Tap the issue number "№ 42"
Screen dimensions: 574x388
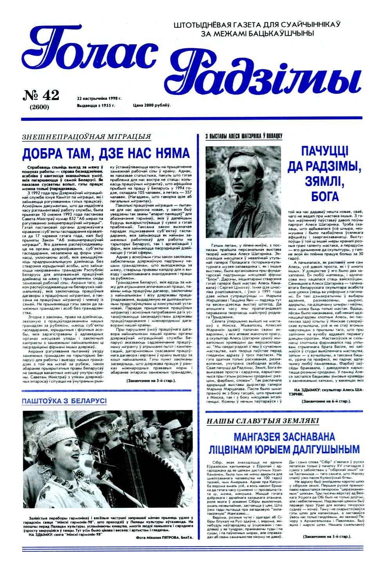41,95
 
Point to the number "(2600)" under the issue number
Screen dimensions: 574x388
39,107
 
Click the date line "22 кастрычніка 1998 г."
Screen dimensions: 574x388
99,98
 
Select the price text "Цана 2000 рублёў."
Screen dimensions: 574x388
152,105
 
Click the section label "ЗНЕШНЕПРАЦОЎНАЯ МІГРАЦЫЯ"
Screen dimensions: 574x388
87,137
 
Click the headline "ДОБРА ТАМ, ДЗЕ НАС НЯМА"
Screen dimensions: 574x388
106,153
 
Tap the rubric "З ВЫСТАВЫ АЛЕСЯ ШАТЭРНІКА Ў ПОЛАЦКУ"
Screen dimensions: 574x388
244,136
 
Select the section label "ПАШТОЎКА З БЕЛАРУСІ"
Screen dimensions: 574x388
64,401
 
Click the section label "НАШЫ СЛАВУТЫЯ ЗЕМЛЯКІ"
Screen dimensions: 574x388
263,421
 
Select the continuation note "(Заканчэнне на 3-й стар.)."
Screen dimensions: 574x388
151,381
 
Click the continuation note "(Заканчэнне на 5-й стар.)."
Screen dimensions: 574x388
327,536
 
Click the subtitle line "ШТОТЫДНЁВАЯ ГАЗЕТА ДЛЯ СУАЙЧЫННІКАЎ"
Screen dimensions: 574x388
257,24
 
